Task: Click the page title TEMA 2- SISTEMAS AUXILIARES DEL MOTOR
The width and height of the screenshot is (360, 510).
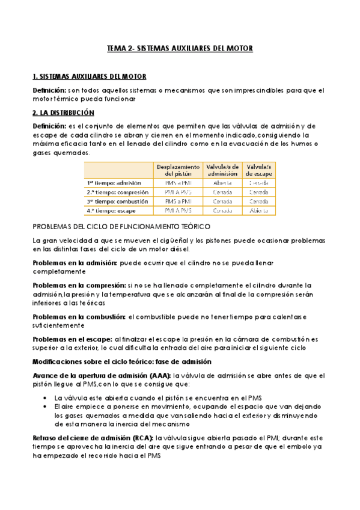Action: [x=180, y=48]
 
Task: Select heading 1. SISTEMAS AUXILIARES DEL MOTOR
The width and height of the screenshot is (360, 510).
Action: [x=89, y=76]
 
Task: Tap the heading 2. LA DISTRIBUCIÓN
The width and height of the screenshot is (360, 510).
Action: [x=63, y=112]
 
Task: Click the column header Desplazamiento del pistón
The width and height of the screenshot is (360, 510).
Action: [x=178, y=170]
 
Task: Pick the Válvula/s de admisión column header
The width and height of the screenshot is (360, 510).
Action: [x=222, y=170]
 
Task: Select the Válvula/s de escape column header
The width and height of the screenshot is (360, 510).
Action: [x=258, y=170]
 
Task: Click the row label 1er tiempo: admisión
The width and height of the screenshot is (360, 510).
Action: [x=114, y=183]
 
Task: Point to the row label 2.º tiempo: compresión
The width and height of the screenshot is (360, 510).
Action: [x=117, y=192]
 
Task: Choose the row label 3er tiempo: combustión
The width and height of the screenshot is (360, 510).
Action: [x=116, y=201]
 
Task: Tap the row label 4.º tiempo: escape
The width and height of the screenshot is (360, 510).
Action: [x=111, y=211]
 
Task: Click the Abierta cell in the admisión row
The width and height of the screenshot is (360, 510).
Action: [x=222, y=183]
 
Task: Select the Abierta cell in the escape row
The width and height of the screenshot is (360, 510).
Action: [x=258, y=211]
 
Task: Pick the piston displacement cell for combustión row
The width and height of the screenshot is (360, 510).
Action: [x=178, y=201]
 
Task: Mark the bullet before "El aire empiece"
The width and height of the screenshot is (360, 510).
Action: [x=47, y=406]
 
